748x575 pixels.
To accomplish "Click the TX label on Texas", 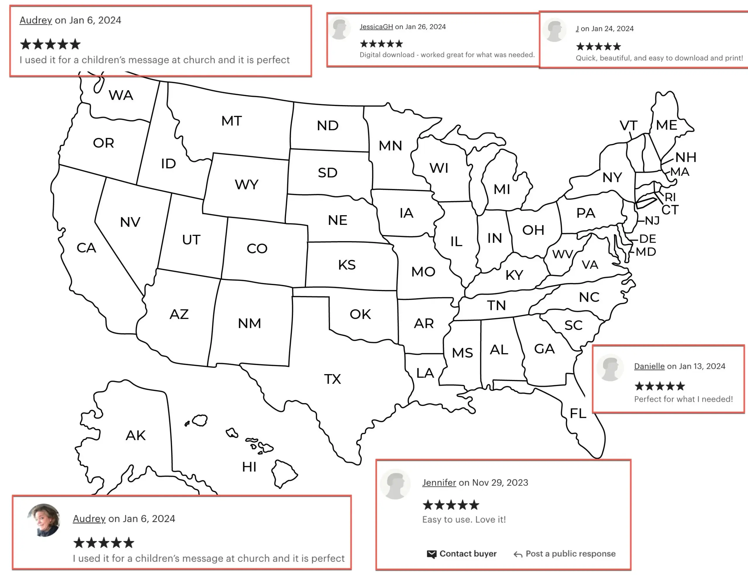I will [x=332, y=379].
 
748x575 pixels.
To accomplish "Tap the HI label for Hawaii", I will [x=249, y=466].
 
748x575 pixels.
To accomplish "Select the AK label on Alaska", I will [x=136, y=435].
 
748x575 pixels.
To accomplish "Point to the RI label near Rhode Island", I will [x=670, y=197].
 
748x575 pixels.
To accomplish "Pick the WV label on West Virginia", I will [x=562, y=254].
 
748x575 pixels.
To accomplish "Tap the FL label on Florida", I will [x=578, y=414].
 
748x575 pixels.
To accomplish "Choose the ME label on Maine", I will [x=666, y=125].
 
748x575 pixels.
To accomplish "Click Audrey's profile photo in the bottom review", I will [x=44, y=520].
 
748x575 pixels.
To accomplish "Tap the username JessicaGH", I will [x=376, y=27].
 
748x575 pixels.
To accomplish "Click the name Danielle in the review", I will [x=649, y=366].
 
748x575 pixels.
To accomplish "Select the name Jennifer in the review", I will [x=439, y=483].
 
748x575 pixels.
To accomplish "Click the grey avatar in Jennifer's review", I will [x=395, y=484].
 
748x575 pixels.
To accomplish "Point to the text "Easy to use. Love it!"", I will [x=464, y=520].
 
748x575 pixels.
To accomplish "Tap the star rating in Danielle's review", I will [x=659, y=386].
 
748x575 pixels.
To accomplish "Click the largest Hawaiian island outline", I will [x=284, y=473].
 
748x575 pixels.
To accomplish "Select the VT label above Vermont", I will [x=628, y=126].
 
